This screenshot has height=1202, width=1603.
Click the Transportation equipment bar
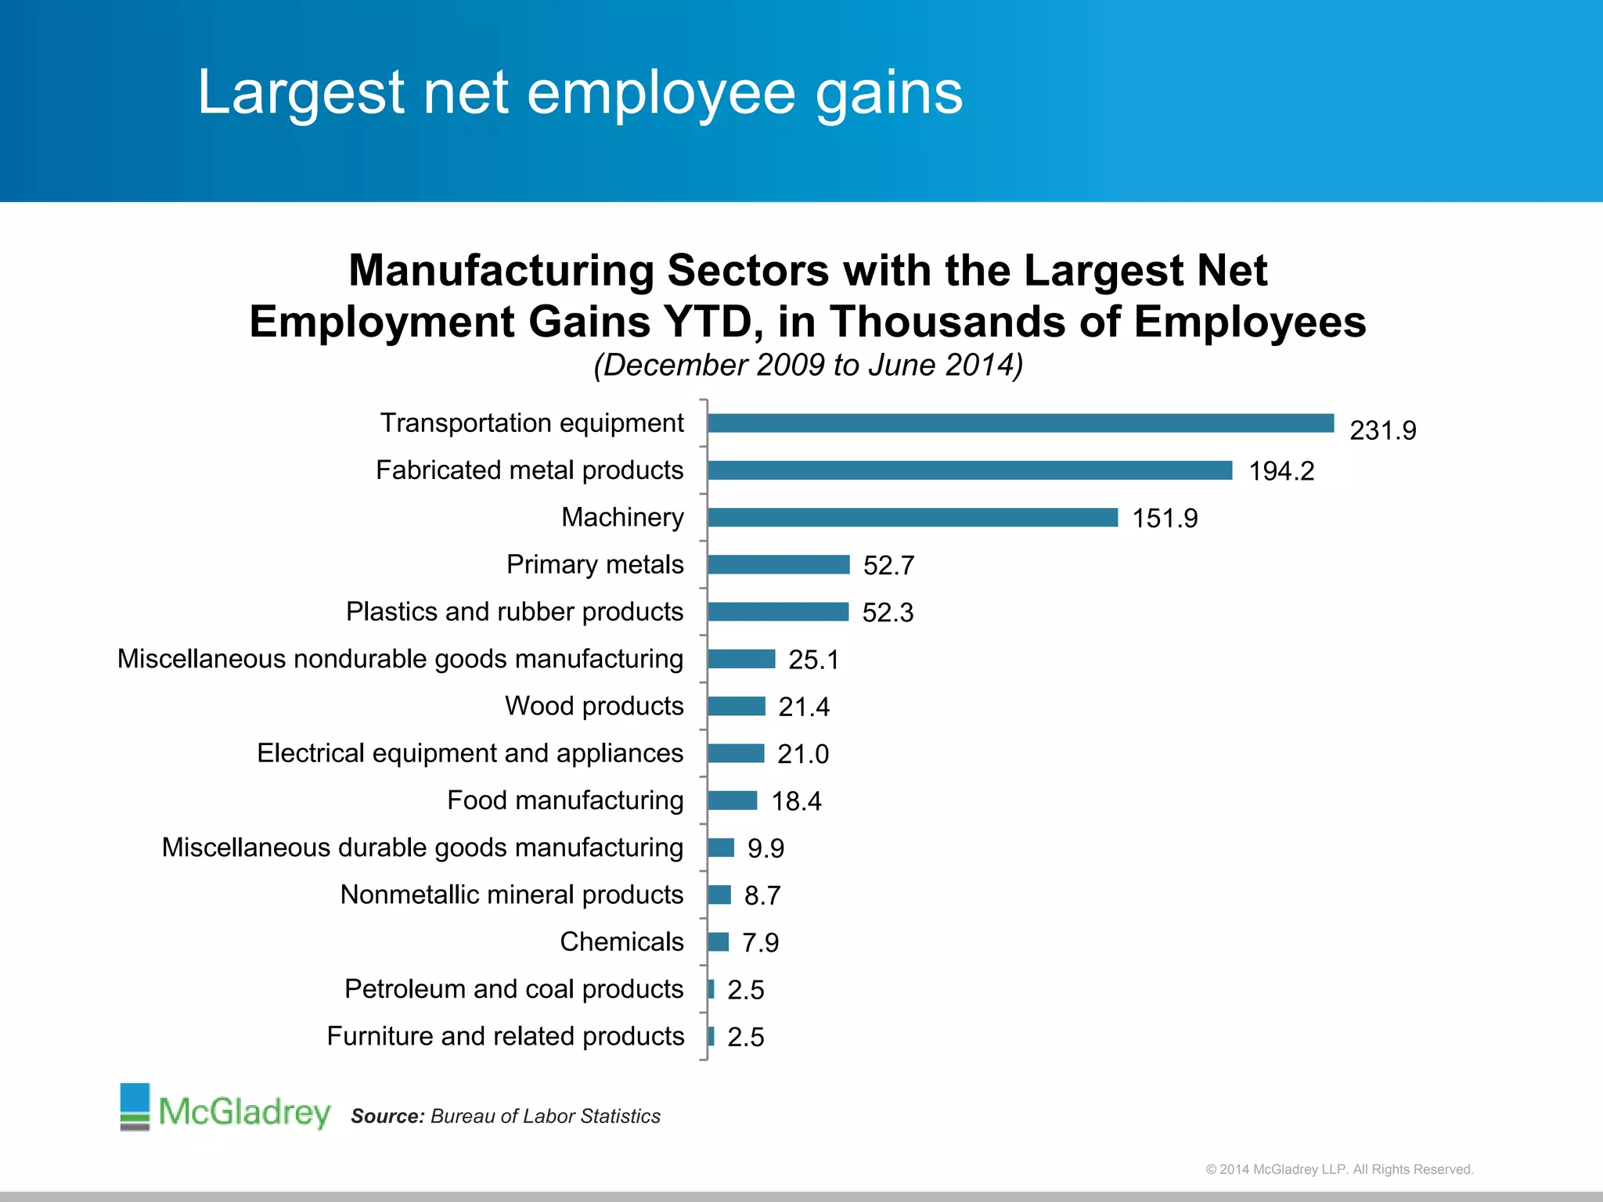click(x=1021, y=423)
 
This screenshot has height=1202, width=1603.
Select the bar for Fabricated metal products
click(x=970, y=470)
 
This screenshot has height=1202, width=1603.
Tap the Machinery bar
click(x=913, y=517)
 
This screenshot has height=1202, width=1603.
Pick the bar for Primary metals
click(x=779, y=564)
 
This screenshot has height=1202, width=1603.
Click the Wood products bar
click(x=737, y=706)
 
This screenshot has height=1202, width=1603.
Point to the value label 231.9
click(x=1383, y=430)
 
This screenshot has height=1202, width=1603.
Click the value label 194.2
click(x=1281, y=471)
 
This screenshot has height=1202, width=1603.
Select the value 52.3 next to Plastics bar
click(x=888, y=612)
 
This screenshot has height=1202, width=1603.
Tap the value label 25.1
click(x=814, y=660)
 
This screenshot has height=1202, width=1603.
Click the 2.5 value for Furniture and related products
click(x=745, y=1037)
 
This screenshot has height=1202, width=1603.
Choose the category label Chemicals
click(x=621, y=941)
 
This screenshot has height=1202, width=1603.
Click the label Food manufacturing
click(x=565, y=800)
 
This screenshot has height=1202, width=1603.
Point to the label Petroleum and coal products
click(x=513, y=988)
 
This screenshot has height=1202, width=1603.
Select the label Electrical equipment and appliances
click(x=470, y=753)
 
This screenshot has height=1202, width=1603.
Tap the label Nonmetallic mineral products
click(x=512, y=894)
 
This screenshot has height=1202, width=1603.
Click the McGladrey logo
click(x=225, y=1108)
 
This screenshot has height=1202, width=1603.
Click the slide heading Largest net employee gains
click(x=579, y=92)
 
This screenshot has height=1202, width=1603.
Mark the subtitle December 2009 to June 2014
click(x=808, y=365)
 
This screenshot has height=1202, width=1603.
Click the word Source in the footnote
click(x=387, y=1116)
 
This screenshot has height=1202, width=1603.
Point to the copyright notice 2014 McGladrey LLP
click(x=1339, y=1169)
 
